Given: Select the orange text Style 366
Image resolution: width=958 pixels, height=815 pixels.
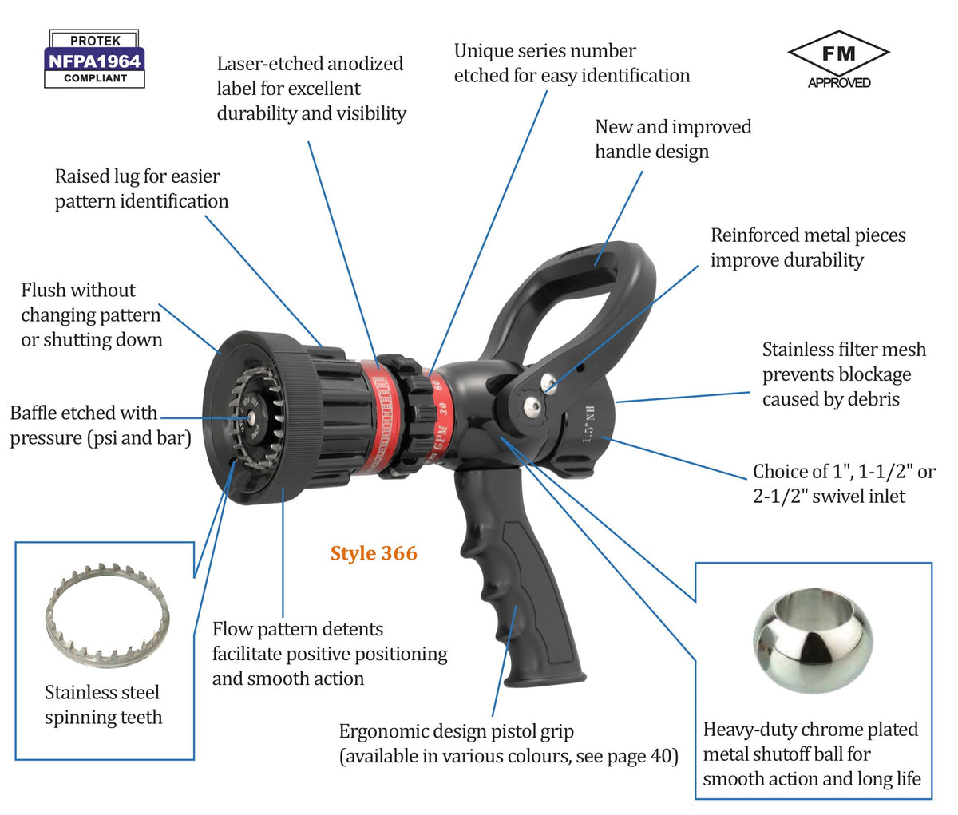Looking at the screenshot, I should click(x=374, y=553).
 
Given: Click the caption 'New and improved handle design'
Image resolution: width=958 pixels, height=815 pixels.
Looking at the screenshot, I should click(x=672, y=139).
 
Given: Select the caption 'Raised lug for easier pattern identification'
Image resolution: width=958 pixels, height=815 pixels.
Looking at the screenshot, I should click(x=141, y=188).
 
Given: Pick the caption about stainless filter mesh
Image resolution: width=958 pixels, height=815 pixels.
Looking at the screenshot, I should click(x=844, y=374).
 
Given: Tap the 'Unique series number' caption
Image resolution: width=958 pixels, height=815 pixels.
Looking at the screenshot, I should click(x=571, y=63).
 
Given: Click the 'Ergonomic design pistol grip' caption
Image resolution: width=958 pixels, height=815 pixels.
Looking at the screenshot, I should click(x=508, y=743).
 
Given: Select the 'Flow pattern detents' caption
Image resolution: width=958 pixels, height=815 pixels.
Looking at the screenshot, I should click(x=329, y=654).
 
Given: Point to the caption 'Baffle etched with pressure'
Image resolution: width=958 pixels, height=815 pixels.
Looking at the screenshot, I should click(x=100, y=425).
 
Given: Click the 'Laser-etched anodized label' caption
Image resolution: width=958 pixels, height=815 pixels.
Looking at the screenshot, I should click(x=311, y=89).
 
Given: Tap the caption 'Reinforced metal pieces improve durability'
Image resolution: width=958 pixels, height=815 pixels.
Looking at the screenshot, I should click(x=807, y=247).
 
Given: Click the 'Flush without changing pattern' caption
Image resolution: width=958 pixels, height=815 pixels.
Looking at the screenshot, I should click(x=91, y=315).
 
